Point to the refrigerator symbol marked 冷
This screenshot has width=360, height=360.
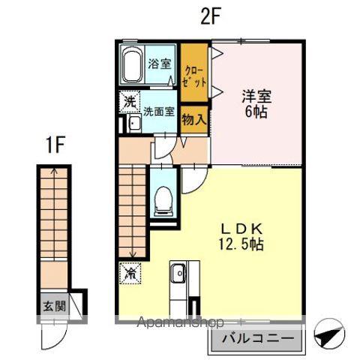[x=128, y=274]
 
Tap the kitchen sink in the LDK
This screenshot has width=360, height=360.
[x=178, y=276]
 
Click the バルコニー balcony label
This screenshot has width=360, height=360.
[x=257, y=338]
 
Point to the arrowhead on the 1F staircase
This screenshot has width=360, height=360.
[x=52, y=170]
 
